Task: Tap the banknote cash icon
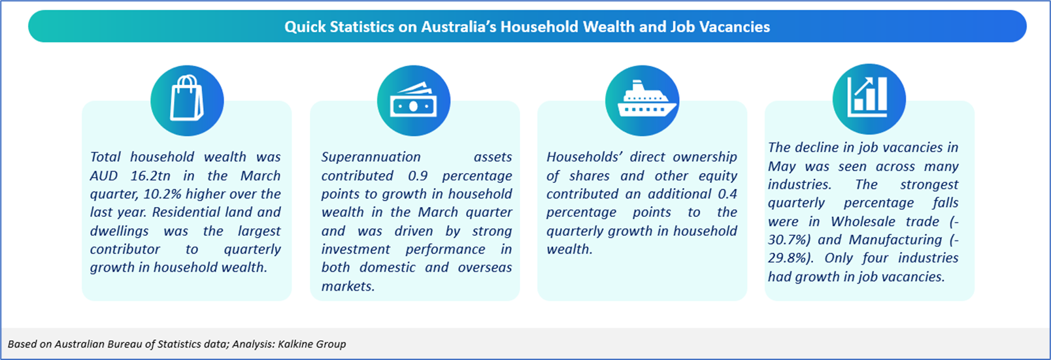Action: coord(413,100)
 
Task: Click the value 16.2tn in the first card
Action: coord(150,176)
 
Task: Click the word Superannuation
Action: coord(371,157)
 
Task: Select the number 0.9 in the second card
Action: coord(418,176)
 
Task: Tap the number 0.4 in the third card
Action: coord(727,194)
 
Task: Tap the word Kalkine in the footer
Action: coord(295,344)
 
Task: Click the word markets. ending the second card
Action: coord(348,286)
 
